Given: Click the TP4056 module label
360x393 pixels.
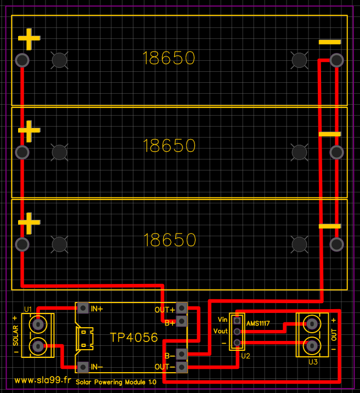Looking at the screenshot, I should tap(134, 337).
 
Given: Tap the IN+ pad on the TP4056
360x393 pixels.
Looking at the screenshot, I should tap(83, 308).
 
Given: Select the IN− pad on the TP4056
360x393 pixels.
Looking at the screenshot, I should tap(83, 366).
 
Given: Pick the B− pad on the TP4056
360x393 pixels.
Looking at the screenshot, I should tap(181, 354).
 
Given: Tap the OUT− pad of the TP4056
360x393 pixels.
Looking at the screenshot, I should tap(181, 366).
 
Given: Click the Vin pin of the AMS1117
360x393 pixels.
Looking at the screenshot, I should tap(237, 320).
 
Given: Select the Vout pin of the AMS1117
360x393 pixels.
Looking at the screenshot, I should tap(237, 332).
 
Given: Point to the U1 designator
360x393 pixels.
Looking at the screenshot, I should tap(28, 308).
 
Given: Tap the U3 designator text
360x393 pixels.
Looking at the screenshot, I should tap(313, 362).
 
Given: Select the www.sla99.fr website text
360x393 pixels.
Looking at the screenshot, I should tap(43, 380).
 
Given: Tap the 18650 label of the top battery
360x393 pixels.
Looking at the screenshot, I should tap(169, 58).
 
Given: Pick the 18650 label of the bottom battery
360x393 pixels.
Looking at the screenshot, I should tap(169, 240).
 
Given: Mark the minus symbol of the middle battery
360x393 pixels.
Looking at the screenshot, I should tap(330, 134).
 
